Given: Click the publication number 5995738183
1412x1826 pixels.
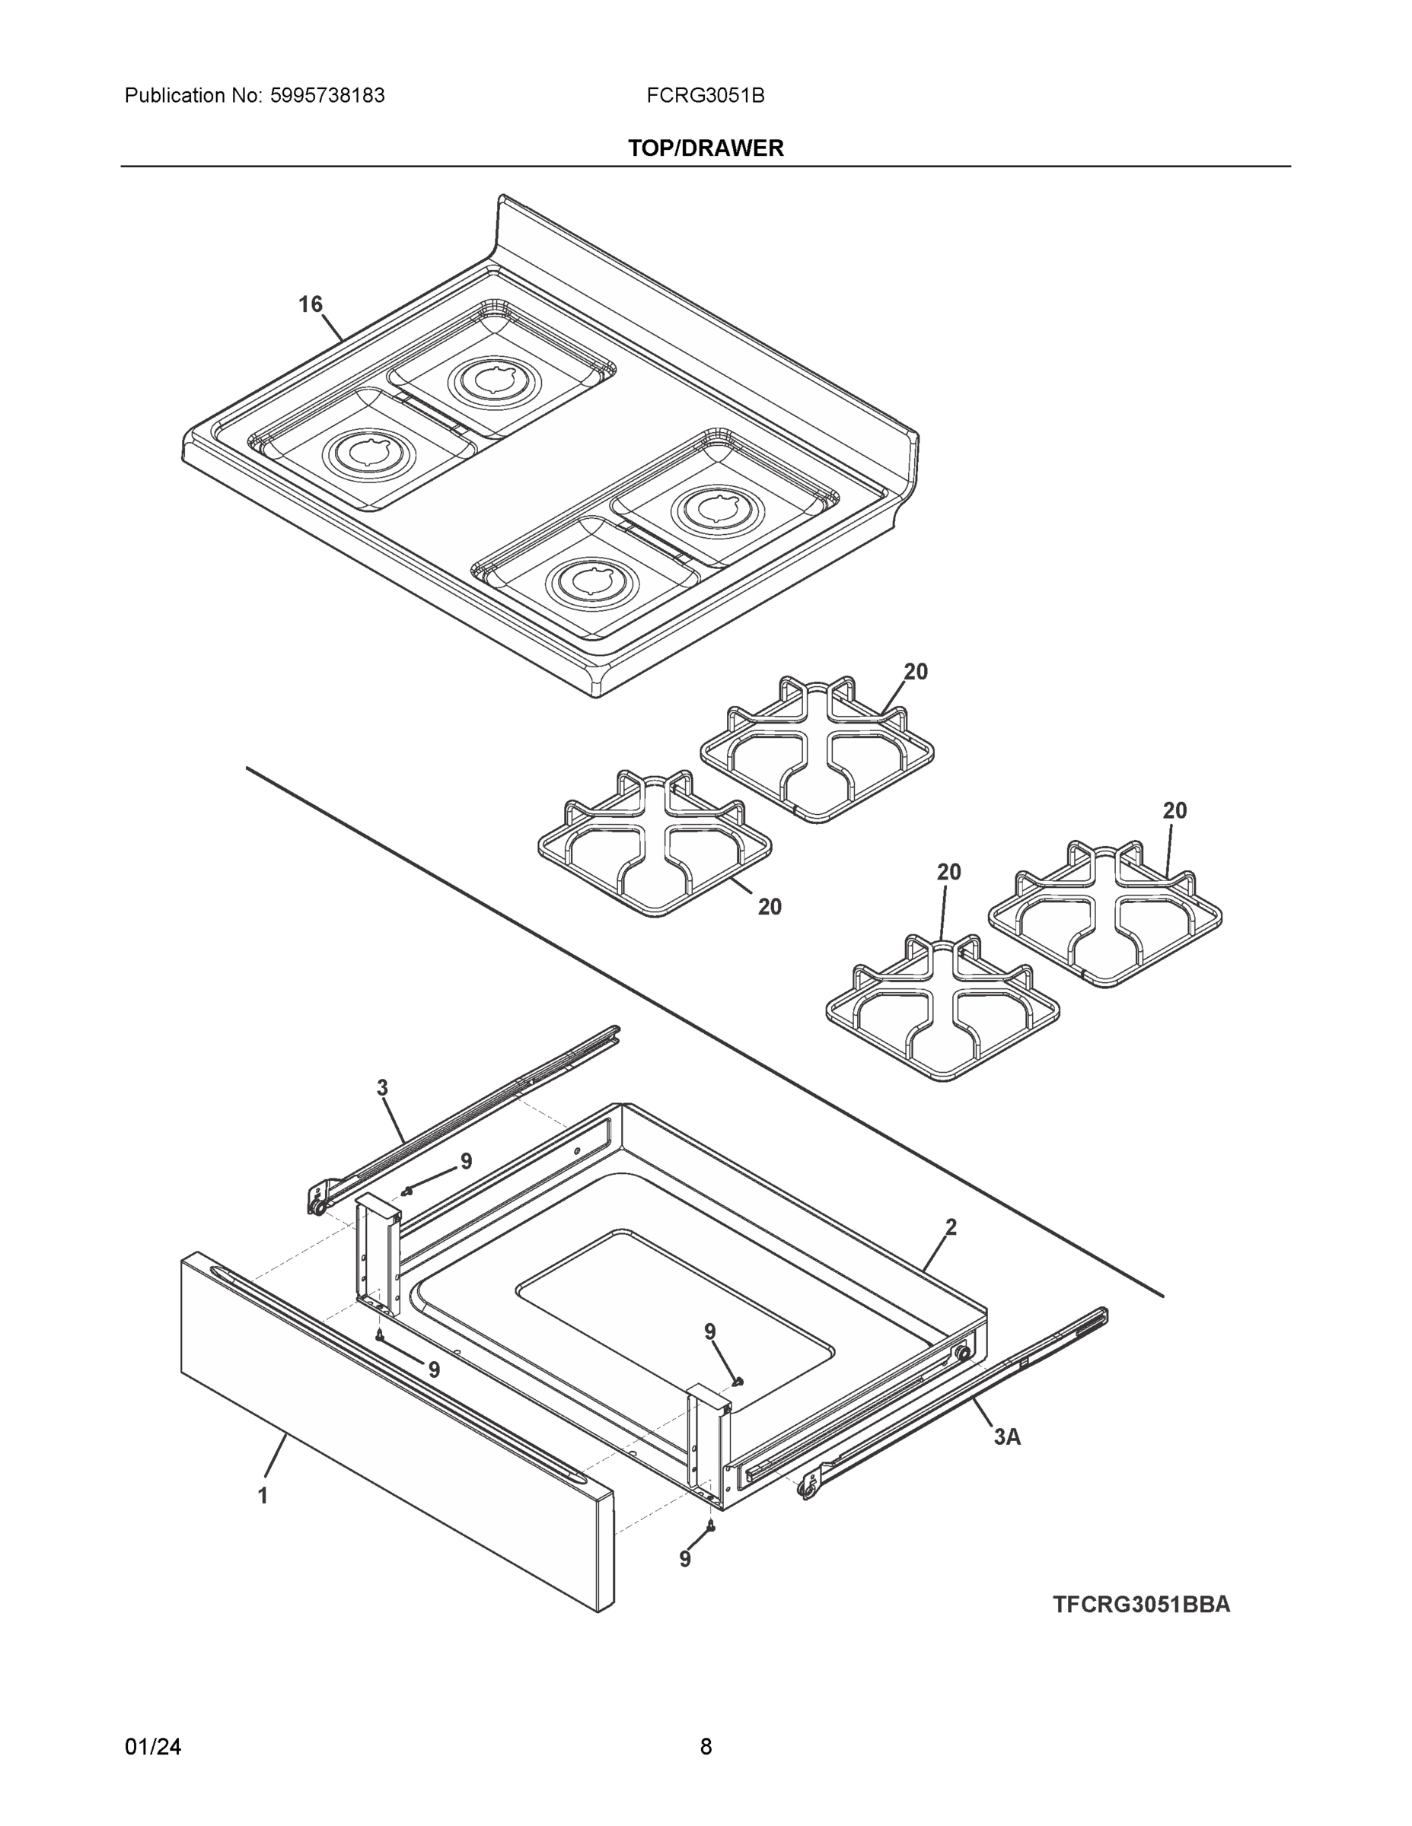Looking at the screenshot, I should (x=327, y=96).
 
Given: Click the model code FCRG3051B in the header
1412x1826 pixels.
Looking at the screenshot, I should (x=704, y=96).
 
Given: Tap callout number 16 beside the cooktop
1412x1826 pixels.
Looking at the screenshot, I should (x=311, y=304).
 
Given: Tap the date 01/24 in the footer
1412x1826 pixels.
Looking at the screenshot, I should (x=153, y=1747).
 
